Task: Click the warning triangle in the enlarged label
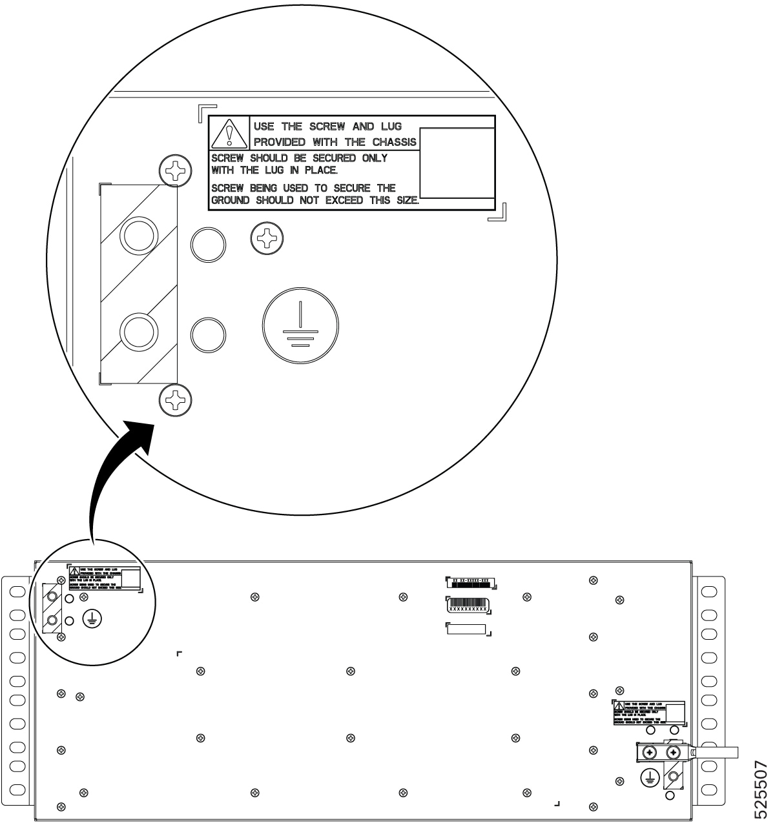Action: [229, 134]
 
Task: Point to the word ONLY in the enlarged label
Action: [375, 158]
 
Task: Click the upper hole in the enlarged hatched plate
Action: [138, 237]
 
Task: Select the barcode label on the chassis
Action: [468, 606]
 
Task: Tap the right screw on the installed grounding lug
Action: [674, 753]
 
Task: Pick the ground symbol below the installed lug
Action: [650, 779]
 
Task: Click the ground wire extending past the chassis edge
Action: [717, 752]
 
